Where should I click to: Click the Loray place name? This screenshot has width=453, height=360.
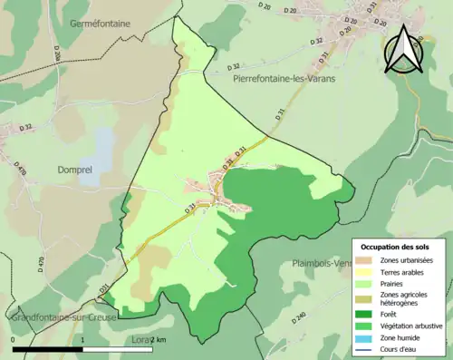(x=145, y=339)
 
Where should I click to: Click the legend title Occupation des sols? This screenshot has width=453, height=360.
(x=396, y=247)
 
